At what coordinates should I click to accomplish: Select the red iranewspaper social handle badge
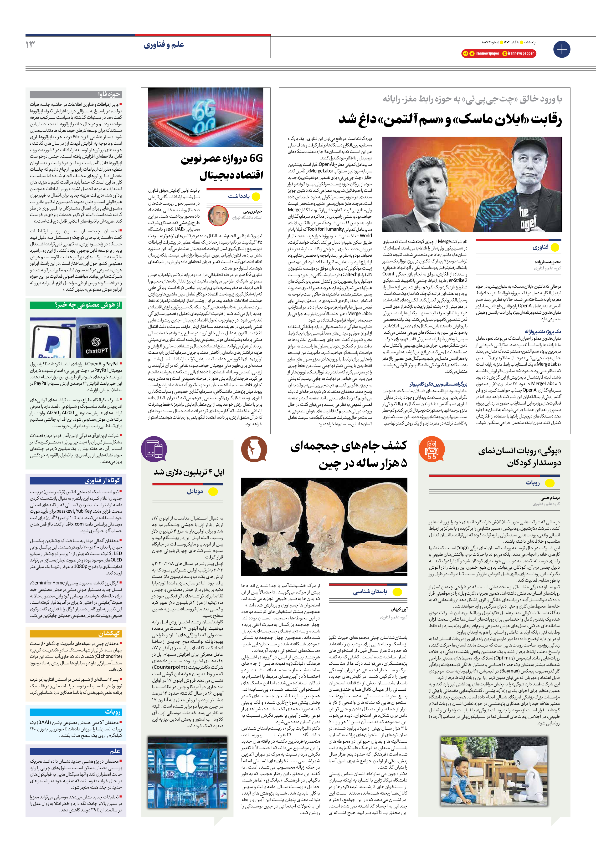(481, 53)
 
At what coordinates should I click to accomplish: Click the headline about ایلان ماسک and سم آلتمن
(450, 120)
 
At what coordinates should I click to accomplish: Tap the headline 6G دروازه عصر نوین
(222, 167)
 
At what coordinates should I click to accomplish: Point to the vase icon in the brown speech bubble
(254, 449)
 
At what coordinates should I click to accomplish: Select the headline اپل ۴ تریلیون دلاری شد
(189, 472)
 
